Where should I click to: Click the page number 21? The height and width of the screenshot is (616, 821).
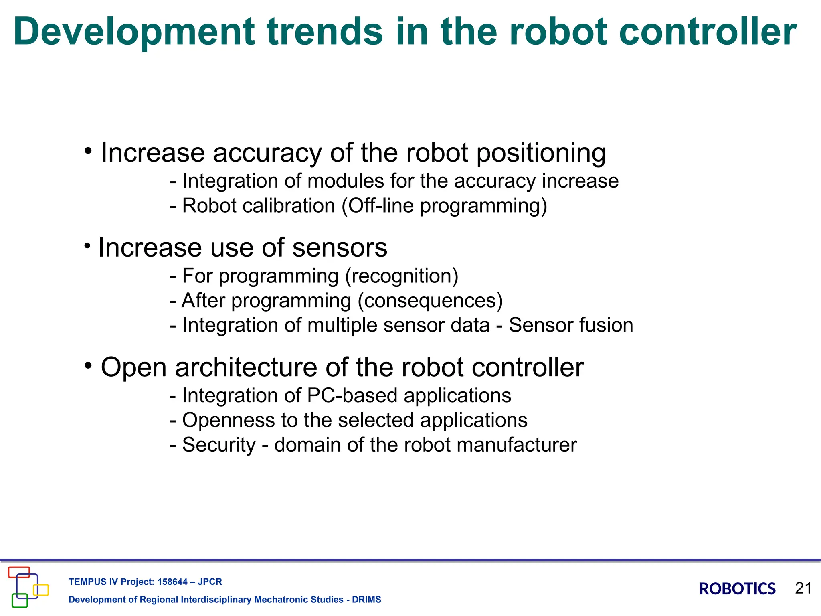(803, 588)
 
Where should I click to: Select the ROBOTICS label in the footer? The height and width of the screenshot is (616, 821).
(737, 589)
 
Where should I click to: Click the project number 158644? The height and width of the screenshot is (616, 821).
(172, 582)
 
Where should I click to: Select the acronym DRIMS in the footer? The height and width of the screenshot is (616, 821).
(366, 600)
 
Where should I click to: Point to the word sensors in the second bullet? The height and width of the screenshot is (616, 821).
(340, 247)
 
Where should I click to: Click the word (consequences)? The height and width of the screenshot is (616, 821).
(430, 301)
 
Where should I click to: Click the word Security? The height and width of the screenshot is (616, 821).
(218, 445)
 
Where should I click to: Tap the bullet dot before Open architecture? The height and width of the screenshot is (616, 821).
(88, 365)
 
